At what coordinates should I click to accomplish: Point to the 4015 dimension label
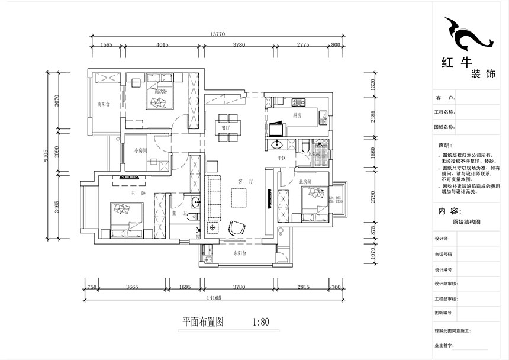pos(162,44)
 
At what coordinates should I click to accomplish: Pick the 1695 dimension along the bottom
pos(183,288)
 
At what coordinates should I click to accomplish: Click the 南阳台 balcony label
pos(104,104)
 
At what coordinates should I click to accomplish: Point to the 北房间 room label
pos(305,181)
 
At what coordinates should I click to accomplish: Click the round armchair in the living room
pos(238,227)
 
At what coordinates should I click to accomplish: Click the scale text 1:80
pos(260,323)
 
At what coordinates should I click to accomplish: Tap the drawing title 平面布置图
pos(202,323)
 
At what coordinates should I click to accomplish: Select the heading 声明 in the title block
pos(444,145)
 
